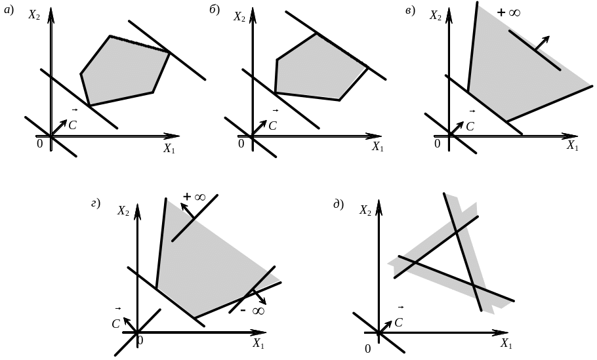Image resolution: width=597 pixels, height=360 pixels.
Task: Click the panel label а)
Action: [9, 10]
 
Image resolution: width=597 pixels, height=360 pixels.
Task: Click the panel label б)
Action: [215, 10]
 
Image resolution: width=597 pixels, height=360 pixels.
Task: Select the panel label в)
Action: [410, 10]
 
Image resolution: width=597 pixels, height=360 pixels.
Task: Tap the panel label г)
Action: [96, 203]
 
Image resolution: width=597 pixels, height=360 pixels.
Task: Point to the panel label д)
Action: [339, 205]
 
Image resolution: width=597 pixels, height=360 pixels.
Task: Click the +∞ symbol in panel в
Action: [508, 12]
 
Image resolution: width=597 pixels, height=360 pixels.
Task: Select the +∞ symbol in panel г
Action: [194, 197]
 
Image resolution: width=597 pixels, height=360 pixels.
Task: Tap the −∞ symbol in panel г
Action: [253, 311]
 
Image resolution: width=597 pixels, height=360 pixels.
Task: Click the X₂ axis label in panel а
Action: [34, 15]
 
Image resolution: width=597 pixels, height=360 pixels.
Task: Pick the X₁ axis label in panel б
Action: [377, 146]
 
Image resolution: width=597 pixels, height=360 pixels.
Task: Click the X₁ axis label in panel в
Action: [573, 146]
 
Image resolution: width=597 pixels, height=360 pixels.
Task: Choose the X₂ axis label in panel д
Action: [365, 210]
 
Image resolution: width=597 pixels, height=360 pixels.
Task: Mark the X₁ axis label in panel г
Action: [258, 344]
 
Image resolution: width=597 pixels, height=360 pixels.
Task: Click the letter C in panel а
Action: [72, 125]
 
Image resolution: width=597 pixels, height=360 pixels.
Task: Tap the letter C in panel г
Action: [115, 324]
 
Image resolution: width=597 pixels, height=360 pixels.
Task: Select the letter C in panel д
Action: [399, 323]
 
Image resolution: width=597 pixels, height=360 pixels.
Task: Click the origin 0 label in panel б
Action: [241, 144]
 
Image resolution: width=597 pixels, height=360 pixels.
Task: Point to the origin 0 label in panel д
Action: [367, 349]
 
